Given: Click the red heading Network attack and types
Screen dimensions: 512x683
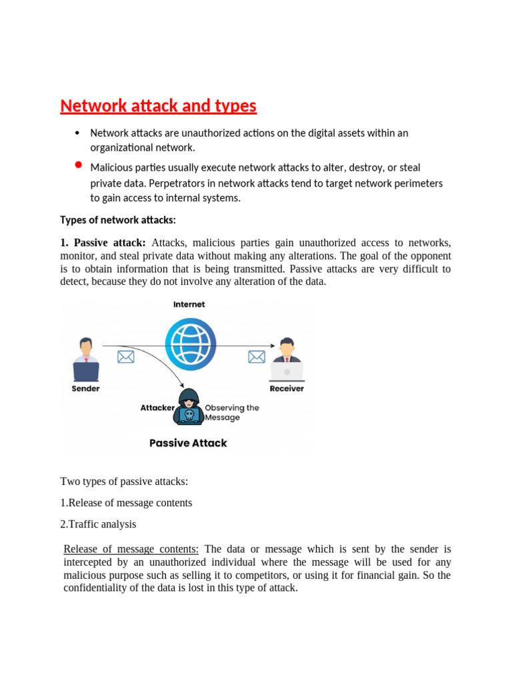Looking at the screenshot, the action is pos(158,106).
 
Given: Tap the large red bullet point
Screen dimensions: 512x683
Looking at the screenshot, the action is pos(79,164).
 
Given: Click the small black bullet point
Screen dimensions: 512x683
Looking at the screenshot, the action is pos(79,133).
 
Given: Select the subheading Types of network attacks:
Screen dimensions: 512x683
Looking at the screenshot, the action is pos(118,220).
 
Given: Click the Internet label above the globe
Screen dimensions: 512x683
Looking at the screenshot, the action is pos(189,304).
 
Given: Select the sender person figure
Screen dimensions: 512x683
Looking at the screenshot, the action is pos(85,359).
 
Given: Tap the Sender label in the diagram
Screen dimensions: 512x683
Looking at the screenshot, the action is pos(85,389).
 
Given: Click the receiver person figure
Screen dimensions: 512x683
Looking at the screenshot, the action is pos(287,359).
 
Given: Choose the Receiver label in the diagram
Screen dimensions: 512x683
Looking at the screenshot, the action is pos(287,389).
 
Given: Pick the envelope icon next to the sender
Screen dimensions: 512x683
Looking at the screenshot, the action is pos(125,357).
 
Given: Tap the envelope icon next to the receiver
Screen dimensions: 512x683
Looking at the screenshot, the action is pos(256,357).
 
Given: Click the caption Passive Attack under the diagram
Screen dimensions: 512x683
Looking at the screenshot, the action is pos(188,443).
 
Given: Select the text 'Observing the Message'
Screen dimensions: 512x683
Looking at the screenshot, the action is pos(231,412).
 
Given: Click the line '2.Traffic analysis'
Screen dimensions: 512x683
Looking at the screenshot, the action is pos(98,524).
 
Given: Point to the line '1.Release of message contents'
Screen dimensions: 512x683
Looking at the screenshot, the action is pos(126,503).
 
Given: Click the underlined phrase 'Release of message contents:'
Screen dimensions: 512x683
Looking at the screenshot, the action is pos(131,550).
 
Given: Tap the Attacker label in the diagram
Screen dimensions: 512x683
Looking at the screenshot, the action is pos(157,408).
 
